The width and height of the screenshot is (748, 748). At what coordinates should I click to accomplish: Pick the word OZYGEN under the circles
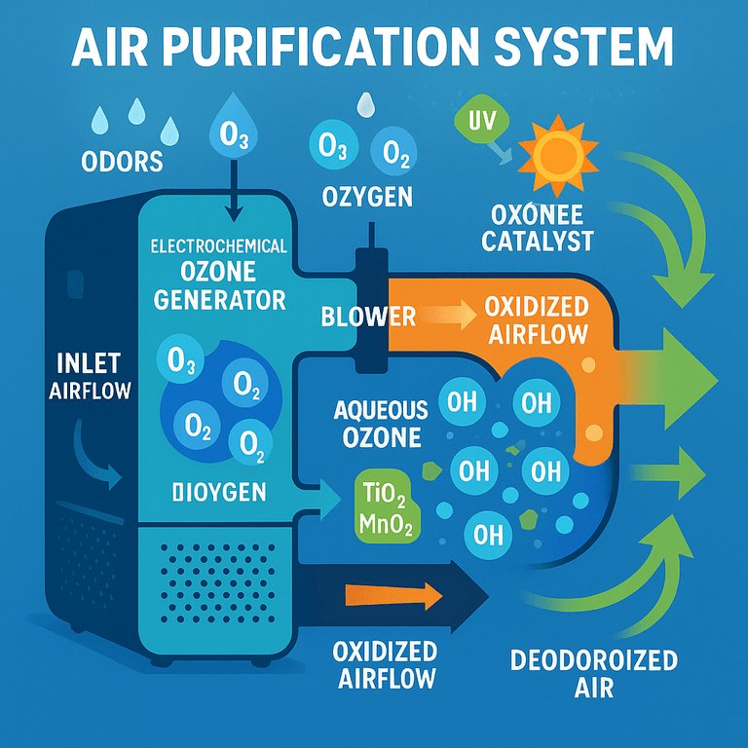(367, 198)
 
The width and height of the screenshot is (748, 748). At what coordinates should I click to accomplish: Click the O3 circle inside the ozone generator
(182, 362)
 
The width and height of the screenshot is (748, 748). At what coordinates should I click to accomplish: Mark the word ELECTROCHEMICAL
(219, 246)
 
